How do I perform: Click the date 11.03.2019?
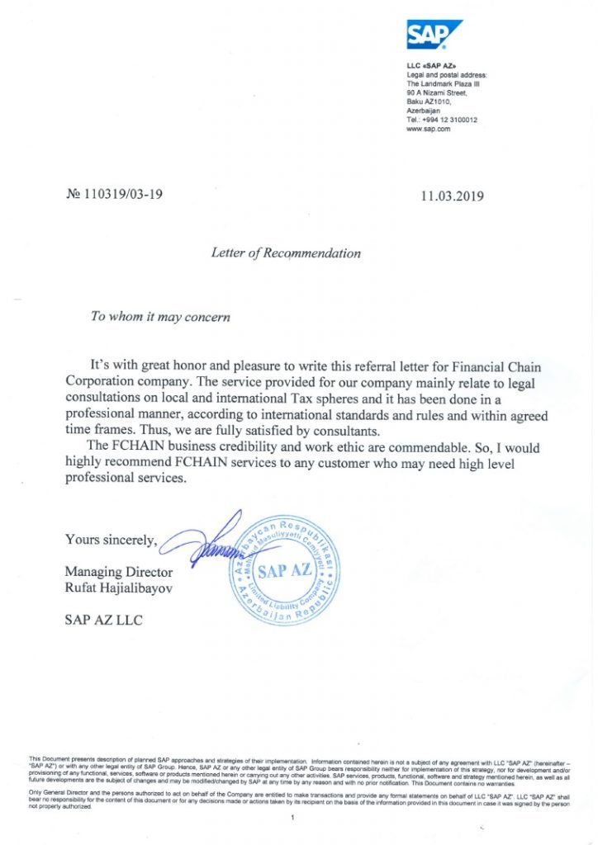(x=452, y=196)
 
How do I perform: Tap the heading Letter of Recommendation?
(x=286, y=253)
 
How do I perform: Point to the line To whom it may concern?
(x=160, y=317)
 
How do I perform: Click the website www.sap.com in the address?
(x=428, y=129)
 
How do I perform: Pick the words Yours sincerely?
(x=112, y=541)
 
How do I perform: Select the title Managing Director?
(x=119, y=572)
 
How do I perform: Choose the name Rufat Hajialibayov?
(x=121, y=588)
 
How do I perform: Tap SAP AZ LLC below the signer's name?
(x=103, y=620)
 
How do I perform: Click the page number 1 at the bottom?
(x=292, y=817)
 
